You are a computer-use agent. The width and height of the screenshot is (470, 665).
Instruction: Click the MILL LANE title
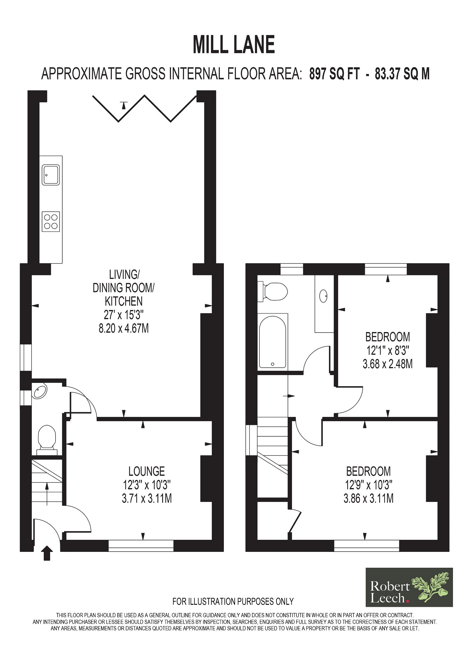234,45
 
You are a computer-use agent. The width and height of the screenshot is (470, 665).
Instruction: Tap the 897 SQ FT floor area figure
334,74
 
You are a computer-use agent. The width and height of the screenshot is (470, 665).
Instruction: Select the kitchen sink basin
51,175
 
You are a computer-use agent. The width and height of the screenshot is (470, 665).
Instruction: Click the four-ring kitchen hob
51,222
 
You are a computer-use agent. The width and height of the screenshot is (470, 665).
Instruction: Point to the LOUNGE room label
147,471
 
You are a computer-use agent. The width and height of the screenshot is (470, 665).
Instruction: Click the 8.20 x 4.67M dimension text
124,328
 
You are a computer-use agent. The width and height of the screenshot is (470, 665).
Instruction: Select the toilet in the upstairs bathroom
272,292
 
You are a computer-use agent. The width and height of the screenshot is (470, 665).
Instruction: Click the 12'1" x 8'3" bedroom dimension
387,350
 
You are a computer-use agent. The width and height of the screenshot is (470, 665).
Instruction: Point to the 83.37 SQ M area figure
402,74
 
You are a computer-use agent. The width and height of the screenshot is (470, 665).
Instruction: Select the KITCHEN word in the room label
124,301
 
